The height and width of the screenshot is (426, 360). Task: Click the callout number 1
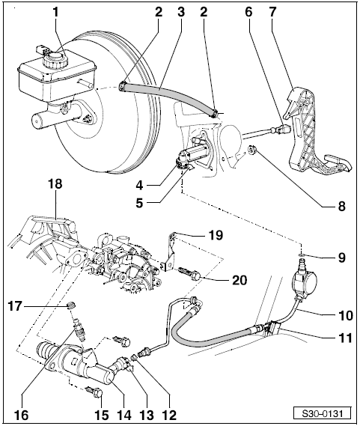pyautogui.click(x=56, y=13)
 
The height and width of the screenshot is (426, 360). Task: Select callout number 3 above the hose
pyautogui.click(x=180, y=13)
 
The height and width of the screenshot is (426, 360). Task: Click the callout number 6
pyautogui.click(x=248, y=13)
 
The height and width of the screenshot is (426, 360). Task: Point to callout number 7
pyautogui.click(x=272, y=13)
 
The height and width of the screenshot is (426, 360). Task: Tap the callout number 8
pyautogui.click(x=341, y=206)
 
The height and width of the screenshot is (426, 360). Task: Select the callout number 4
pyautogui.click(x=140, y=186)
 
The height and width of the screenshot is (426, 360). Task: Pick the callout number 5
pyautogui.click(x=140, y=203)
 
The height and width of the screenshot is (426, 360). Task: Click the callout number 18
pyautogui.click(x=55, y=184)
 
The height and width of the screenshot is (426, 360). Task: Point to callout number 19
pyautogui.click(x=216, y=235)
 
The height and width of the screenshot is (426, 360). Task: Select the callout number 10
pyautogui.click(x=345, y=316)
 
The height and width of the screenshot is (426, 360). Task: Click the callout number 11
pyautogui.click(x=345, y=338)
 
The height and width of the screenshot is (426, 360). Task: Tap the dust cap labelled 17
pyautogui.click(x=71, y=305)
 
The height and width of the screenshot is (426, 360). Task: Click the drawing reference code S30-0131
pyautogui.click(x=323, y=414)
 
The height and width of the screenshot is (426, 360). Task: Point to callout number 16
pyautogui.click(x=21, y=415)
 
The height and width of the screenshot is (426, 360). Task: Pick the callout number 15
pyautogui.click(x=101, y=415)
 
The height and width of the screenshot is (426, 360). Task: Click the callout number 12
pyautogui.click(x=168, y=415)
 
